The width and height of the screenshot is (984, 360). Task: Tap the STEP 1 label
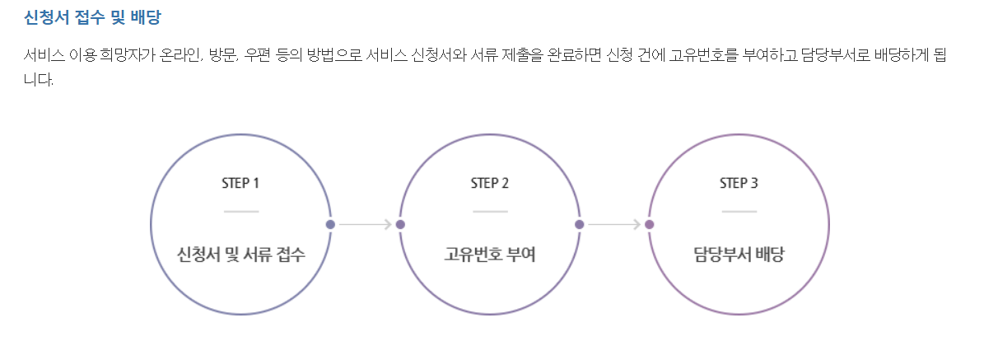click(x=240, y=183)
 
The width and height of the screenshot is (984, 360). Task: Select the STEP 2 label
click(x=490, y=183)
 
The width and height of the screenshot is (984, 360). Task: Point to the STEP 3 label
click(x=739, y=183)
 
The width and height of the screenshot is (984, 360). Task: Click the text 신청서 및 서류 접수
click(x=241, y=254)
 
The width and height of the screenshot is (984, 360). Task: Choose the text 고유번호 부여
click(x=490, y=254)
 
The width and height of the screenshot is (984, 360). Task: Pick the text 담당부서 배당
click(x=739, y=254)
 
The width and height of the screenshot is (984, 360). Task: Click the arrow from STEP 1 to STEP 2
click(x=365, y=224)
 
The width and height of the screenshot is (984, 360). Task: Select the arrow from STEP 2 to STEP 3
click(x=614, y=224)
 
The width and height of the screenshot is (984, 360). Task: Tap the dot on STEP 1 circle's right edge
click(x=330, y=224)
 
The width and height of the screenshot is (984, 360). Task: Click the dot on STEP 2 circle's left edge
click(x=400, y=224)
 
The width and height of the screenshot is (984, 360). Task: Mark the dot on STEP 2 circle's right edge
click(x=580, y=224)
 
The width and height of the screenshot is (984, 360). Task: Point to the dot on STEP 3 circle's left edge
click(x=650, y=224)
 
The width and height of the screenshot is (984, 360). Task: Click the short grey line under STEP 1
click(x=240, y=212)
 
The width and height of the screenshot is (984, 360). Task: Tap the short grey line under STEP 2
click(x=490, y=212)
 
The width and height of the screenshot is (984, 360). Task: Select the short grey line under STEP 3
click(x=739, y=212)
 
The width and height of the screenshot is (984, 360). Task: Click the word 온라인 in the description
click(x=179, y=56)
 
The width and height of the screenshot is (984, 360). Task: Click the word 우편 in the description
click(x=262, y=56)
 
